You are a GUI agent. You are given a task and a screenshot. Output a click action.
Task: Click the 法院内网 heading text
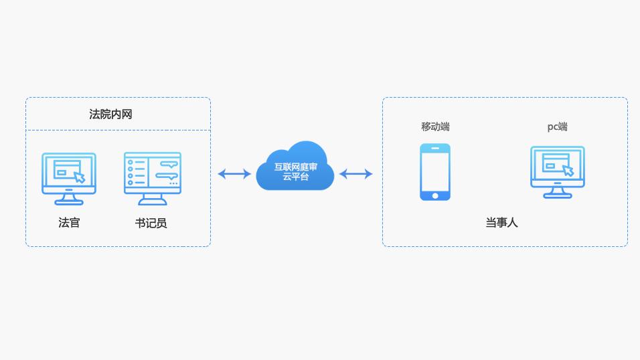(x=110, y=114)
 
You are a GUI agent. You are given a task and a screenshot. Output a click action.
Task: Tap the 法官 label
(x=69, y=223)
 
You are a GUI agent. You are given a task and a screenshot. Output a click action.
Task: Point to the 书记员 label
(x=151, y=223)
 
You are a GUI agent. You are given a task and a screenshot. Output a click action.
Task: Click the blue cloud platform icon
(x=295, y=167)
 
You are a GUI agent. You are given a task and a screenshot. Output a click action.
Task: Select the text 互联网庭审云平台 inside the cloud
(x=295, y=172)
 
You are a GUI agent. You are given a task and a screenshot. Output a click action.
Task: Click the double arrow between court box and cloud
(x=234, y=174)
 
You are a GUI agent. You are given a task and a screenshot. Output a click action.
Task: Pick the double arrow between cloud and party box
(x=355, y=174)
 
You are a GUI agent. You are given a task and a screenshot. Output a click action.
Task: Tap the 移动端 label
(x=435, y=126)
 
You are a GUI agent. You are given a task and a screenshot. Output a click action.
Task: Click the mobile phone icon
(x=435, y=172)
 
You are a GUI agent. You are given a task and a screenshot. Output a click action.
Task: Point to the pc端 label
(x=557, y=126)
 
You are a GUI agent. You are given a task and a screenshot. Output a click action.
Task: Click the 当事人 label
(x=501, y=222)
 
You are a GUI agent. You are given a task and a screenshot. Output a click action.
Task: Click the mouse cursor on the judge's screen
(x=80, y=177)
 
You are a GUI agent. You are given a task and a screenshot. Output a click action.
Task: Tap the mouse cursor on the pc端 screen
(x=568, y=170)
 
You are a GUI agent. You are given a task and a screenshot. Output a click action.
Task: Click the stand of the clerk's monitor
(x=153, y=199)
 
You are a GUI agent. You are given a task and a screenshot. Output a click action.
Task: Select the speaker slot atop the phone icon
(x=435, y=148)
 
